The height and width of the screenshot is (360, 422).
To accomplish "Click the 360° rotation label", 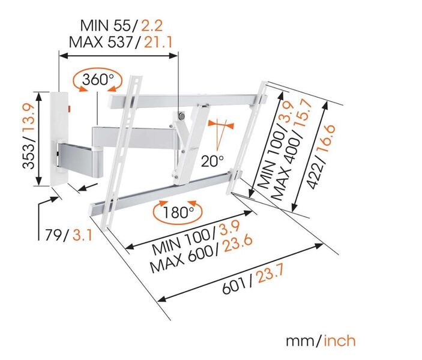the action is tap(98, 79).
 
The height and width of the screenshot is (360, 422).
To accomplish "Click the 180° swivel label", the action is tap(178, 212).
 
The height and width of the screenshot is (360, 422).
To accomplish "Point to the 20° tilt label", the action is tap(213, 161).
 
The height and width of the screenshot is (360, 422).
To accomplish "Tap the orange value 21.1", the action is tap(158, 42).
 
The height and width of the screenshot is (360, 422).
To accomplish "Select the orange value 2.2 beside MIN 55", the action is tap(152, 26).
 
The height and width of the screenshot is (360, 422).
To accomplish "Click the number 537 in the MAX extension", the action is tap(120, 42).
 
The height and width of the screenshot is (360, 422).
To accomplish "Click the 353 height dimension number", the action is tap(29, 156).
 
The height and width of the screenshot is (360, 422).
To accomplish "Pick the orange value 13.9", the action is tap(29, 119).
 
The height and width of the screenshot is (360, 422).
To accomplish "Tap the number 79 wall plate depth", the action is tap(53, 235).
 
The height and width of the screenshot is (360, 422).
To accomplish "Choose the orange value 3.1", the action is tap(82, 235).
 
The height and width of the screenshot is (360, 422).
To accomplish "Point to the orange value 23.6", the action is tap(238, 244).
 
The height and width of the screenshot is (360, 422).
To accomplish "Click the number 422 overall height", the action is tap(315, 176).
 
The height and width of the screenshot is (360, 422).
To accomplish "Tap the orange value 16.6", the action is tap(327, 140).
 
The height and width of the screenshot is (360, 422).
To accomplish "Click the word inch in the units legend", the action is tap(340, 341).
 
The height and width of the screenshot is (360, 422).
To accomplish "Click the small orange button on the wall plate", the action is tap(69, 109).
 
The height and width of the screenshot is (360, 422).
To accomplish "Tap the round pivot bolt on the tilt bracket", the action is tap(182, 116).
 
